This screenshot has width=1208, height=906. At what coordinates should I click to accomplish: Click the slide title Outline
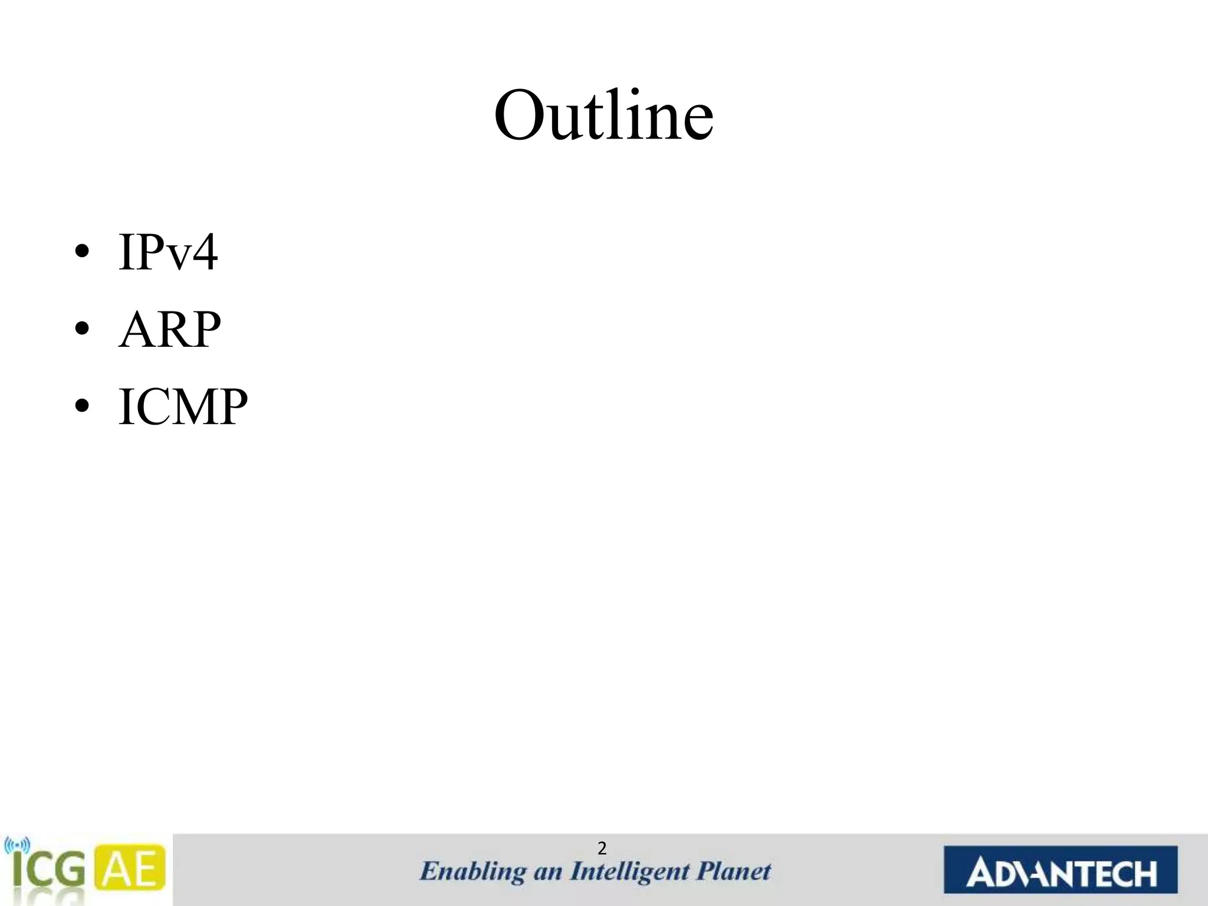click(603, 116)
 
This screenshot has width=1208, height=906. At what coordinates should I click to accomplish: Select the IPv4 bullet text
click(168, 252)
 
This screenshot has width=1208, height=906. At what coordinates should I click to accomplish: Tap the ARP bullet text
click(170, 330)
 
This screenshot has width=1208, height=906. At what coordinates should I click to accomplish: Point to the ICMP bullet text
click(183, 406)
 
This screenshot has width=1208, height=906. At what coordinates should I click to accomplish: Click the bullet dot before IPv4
click(82, 252)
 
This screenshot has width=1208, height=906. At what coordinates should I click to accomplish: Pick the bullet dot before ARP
click(82, 330)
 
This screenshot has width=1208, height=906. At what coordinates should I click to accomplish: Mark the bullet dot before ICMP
click(82, 406)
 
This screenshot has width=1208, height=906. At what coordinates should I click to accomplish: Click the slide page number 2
click(602, 849)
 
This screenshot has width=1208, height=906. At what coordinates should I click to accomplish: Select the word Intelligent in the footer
click(629, 872)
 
